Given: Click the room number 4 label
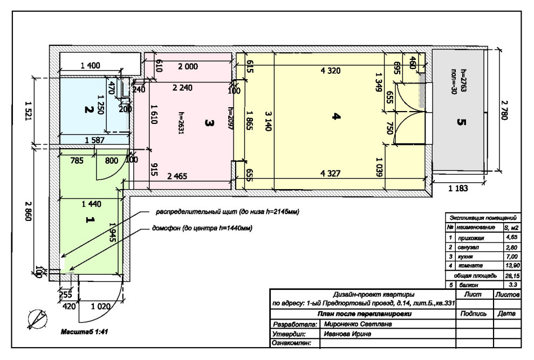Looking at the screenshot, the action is [x=336, y=117].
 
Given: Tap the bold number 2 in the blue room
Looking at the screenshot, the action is [x=89, y=109].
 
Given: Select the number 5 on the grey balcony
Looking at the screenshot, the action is [x=461, y=122].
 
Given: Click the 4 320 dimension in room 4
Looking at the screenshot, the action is [x=330, y=71].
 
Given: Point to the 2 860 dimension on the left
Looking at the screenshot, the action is [x=28, y=211].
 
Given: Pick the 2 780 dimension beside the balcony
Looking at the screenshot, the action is [x=504, y=110].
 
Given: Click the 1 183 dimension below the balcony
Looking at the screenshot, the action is [x=458, y=188].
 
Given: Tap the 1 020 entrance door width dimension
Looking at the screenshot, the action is [x=100, y=307].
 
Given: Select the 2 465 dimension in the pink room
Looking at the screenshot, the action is [x=177, y=176].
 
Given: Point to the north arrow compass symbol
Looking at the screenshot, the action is [x=37, y=319].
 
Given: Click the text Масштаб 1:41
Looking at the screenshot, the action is [x=84, y=331].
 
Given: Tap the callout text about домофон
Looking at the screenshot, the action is [x=202, y=228].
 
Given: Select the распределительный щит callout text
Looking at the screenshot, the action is [x=227, y=212].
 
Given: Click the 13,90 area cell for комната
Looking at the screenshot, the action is [x=512, y=265].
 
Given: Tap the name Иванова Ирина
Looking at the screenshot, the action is [x=347, y=334].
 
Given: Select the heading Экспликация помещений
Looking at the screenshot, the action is [x=483, y=218].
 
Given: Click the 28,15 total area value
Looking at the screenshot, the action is [x=512, y=275].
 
